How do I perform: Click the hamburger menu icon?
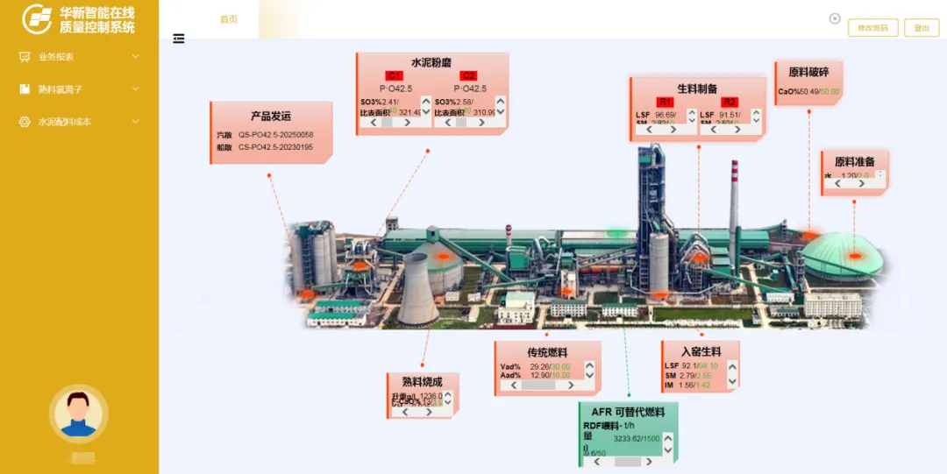(179, 39)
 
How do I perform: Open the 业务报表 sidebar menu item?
(56, 57)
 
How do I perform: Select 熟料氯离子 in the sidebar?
(61, 89)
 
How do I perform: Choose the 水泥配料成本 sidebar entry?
(65, 122)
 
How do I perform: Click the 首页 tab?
(228, 19)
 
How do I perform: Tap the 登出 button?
(921, 28)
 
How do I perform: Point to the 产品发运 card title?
(270, 116)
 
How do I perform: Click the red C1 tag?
(395, 76)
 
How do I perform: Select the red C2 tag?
(468, 76)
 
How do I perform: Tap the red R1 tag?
(666, 103)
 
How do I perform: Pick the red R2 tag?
(730, 103)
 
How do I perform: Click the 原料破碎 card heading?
(808, 73)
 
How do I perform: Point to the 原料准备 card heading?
(854, 162)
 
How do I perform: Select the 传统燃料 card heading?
(547, 352)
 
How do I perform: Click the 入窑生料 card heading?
(701, 352)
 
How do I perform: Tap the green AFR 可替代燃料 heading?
(628, 412)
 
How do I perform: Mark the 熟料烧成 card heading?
(422, 382)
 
